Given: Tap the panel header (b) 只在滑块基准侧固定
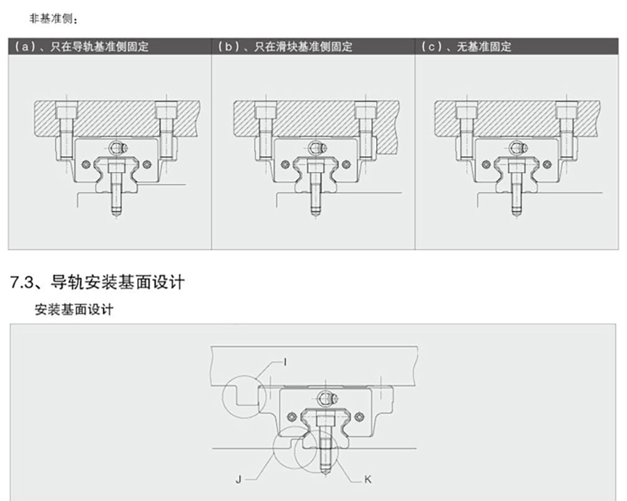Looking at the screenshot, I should coord(285,47).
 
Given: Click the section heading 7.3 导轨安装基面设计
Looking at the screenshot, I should coord(98,282).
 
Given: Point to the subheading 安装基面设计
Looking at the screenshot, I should coord(74,310).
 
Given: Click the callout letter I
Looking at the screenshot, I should coord(285,360).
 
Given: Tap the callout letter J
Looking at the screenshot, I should coord(239,479).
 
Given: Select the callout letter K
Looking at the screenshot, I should coord(367,479).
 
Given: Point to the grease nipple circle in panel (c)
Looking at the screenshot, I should coord(516,148).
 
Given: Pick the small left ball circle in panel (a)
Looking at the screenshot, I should coord(85,165).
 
